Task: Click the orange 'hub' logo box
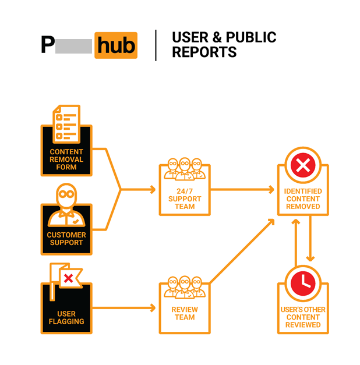[x=115, y=45]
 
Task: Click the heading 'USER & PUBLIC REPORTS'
[x=224, y=45]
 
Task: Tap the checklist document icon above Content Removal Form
[x=66, y=123]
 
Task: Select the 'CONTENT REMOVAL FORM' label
[x=66, y=159]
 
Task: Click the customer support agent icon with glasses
[x=66, y=206]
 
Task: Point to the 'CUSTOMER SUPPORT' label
[x=66, y=239]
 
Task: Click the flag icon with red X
[x=66, y=278]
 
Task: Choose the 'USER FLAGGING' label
[x=66, y=317]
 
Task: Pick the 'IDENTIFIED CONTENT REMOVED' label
[x=302, y=199]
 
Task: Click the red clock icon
[x=302, y=283]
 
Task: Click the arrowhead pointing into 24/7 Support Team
[x=153, y=190]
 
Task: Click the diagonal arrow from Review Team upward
[x=242, y=250]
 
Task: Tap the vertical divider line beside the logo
[x=156, y=45]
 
